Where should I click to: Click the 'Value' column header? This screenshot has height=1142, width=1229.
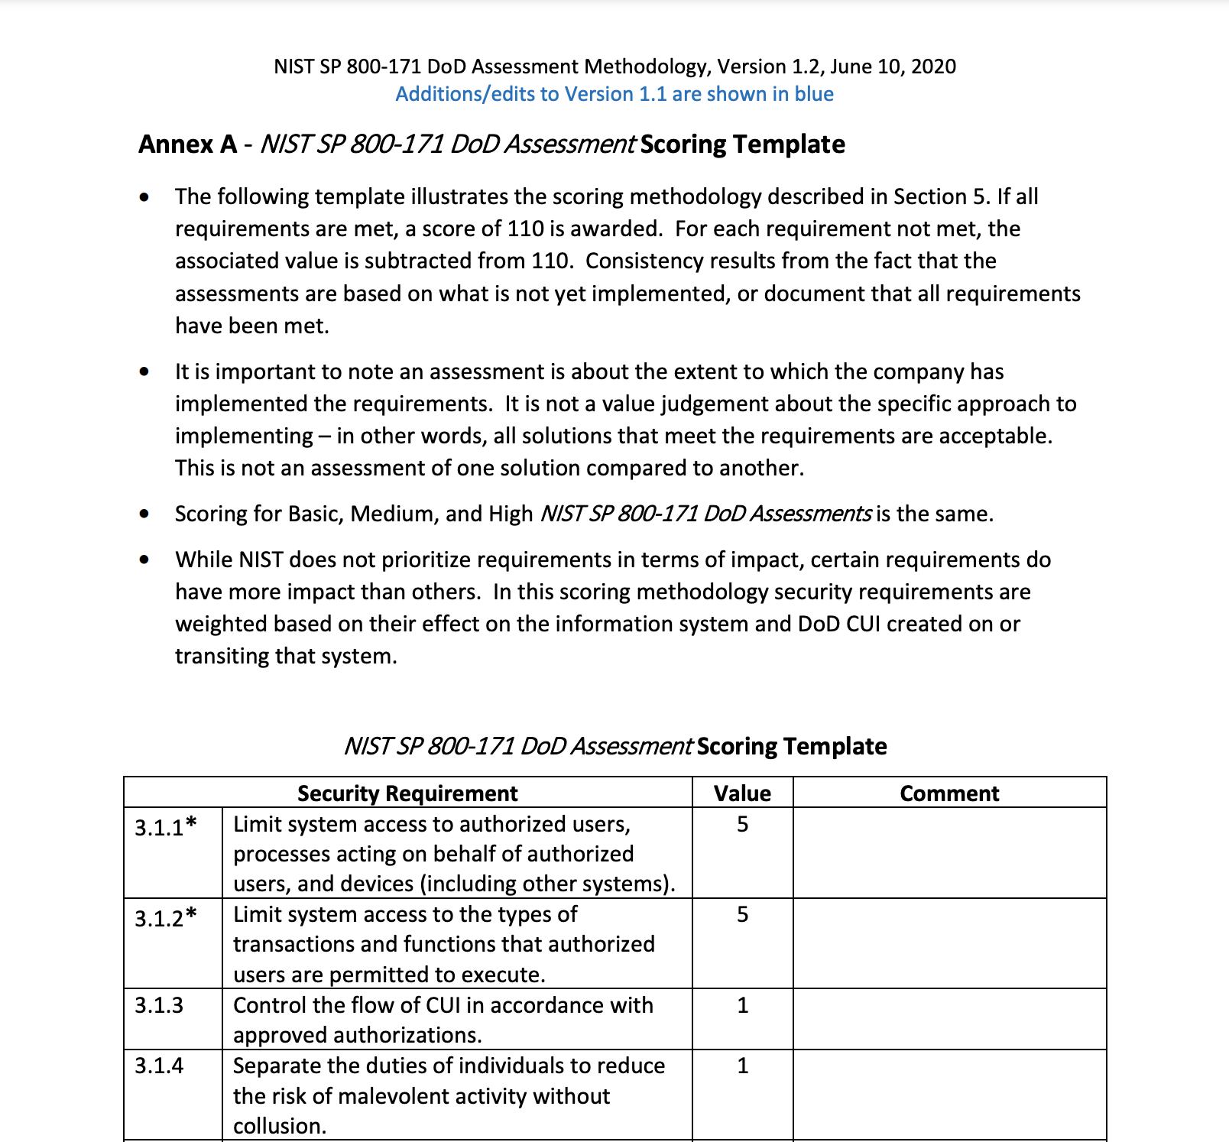tap(742, 793)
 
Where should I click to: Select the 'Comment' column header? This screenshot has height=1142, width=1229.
tap(949, 793)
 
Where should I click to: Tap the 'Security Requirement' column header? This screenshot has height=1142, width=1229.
tap(407, 793)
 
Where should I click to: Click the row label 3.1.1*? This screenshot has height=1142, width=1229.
tap(166, 827)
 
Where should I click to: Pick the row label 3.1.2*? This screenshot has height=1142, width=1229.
tap(166, 917)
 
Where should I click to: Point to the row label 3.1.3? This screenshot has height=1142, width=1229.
tap(159, 1004)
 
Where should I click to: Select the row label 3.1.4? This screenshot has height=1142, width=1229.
tap(159, 1065)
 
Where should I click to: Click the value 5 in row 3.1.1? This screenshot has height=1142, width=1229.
tap(742, 824)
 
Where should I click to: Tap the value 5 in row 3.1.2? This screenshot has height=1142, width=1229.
tap(742, 914)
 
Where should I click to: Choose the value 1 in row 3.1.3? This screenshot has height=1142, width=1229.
tap(742, 1004)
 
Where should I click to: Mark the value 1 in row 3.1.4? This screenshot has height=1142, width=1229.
tap(742, 1065)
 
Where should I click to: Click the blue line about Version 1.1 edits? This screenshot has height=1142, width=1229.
tap(614, 94)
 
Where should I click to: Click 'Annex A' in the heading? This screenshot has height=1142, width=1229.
tap(187, 144)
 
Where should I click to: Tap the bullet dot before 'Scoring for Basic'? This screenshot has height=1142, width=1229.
tap(144, 514)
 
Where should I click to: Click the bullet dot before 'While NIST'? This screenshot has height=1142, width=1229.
tap(144, 560)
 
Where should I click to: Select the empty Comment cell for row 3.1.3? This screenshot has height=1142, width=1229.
tap(949, 1019)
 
